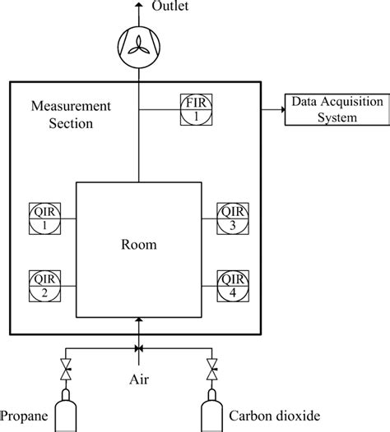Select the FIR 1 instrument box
coord(195,108)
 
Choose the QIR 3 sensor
coord(230,218)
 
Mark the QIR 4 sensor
coord(230,283)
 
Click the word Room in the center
coord(138,245)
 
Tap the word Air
coord(138,379)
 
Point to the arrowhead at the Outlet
coord(138,6)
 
